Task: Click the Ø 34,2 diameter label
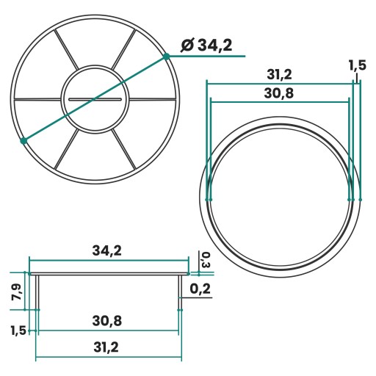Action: pos(206,46)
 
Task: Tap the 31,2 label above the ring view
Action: pos(279,74)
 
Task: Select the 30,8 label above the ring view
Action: pos(278,93)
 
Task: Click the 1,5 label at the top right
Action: pos(357,65)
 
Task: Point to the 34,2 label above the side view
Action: pos(107,250)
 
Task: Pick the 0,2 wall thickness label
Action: pos(200,289)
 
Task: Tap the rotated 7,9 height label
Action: pos(16,292)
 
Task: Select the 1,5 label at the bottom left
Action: pos(18,330)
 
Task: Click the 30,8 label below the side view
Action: pos(107,321)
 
